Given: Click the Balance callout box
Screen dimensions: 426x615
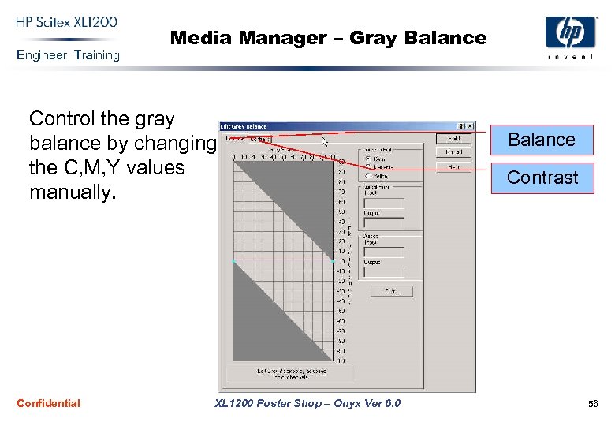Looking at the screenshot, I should (x=542, y=140).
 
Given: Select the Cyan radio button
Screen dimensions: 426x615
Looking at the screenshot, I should (x=367, y=158).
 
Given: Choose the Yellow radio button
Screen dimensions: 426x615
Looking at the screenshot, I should (x=367, y=175).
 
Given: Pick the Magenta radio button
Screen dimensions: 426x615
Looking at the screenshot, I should (x=367, y=166).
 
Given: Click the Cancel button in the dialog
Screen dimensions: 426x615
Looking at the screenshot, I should (x=453, y=152).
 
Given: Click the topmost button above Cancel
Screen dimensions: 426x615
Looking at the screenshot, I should (x=453, y=138).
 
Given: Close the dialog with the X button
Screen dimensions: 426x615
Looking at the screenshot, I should (x=471, y=126).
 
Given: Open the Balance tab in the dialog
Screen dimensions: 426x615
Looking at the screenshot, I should (x=235, y=139).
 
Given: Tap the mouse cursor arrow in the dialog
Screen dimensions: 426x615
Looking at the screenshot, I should (x=324, y=142).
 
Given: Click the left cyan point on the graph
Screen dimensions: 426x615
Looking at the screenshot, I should (x=234, y=261).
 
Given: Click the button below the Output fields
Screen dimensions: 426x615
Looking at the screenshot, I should (x=391, y=291).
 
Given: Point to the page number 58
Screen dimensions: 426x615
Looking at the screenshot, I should (x=593, y=404).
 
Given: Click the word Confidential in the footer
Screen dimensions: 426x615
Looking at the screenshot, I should (x=48, y=404).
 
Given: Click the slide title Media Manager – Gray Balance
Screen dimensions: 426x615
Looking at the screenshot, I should (x=328, y=38).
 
